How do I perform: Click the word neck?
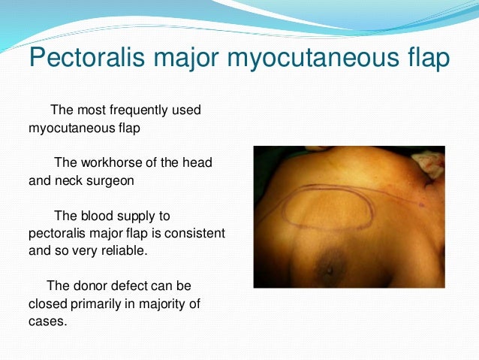[x=68, y=180]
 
